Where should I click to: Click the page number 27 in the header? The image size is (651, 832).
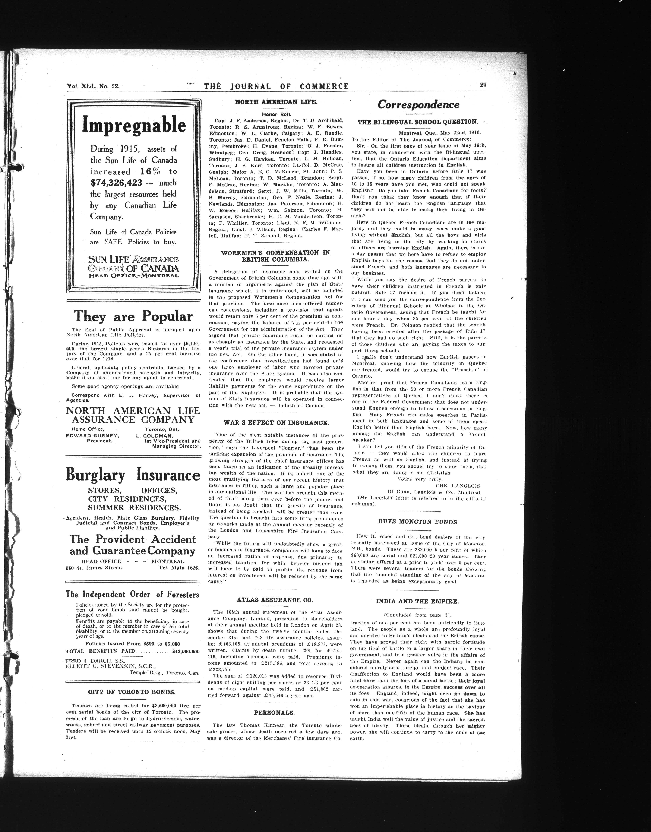coord(483,85)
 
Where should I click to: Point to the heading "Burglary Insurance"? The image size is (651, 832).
coord(133,475)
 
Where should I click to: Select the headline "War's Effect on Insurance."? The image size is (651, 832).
coord(276,423)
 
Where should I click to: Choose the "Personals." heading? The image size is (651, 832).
coord(274,712)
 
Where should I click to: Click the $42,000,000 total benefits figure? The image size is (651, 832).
coord(186,651)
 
